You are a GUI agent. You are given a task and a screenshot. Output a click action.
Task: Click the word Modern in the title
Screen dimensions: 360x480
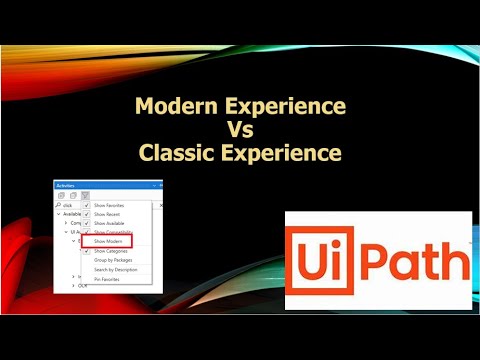click(x=171, y=104)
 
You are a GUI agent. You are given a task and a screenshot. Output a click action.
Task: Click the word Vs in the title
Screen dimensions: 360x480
click(x=239, y=129)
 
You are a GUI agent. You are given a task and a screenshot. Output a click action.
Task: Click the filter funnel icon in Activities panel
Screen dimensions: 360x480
click(x=86, y=195)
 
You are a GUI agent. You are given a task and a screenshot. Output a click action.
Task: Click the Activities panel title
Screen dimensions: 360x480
click(x=65, y=186)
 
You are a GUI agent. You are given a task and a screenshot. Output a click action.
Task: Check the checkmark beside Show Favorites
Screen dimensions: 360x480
click(x=86, y=204)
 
